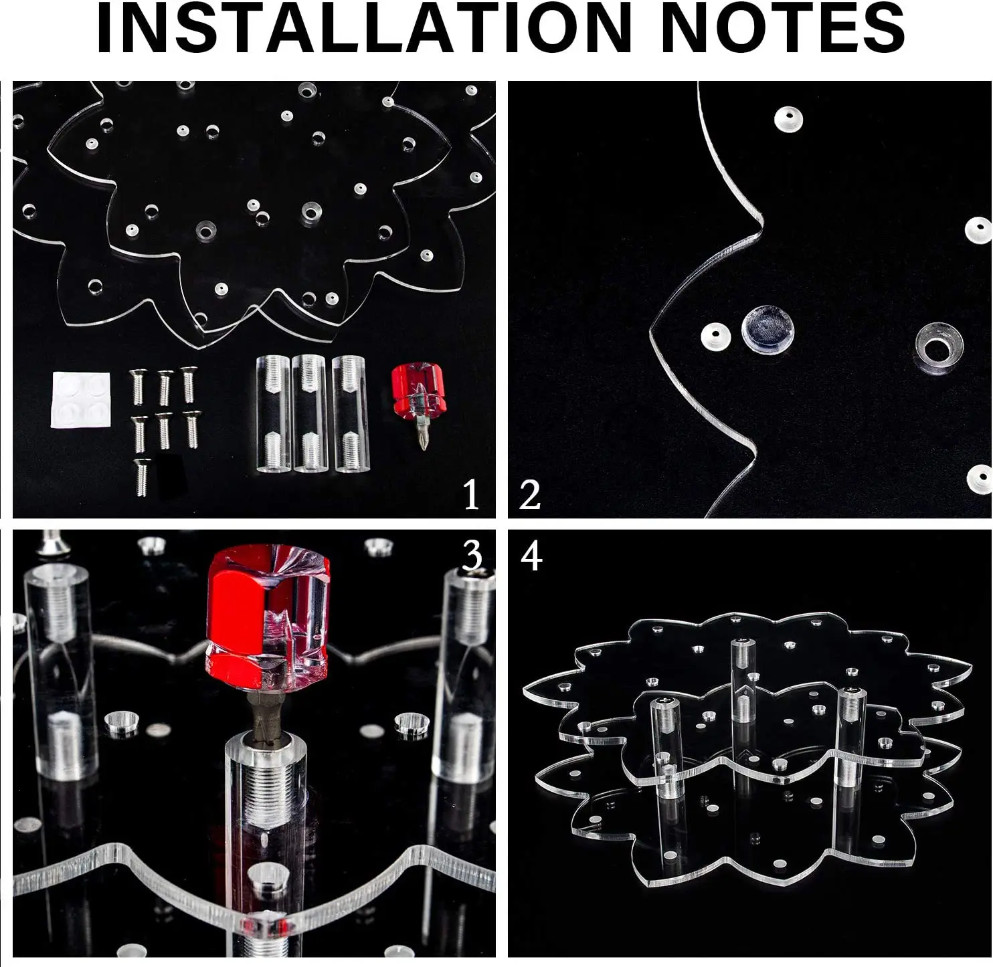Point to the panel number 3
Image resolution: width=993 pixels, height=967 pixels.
(x=472, y=556)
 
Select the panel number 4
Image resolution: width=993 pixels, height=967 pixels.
(x=531, y=556)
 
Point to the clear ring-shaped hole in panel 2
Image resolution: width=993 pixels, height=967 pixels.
(x=939, y=348)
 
